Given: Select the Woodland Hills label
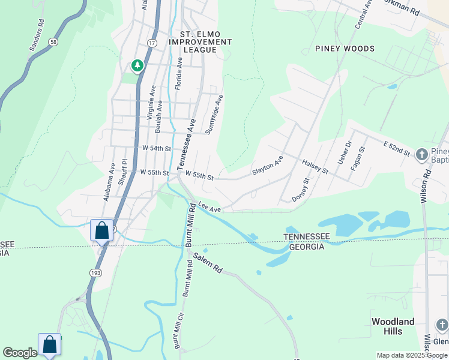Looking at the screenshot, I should (393, 326).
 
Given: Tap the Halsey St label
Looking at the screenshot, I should (315, 167).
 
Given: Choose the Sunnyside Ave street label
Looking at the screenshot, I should (214, 114).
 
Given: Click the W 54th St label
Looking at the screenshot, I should (157, 148).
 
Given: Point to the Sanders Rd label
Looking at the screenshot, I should (37, 37).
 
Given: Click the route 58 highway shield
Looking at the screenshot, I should (53, 41).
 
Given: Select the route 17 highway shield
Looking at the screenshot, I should (151, 43).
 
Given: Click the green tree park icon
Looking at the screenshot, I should (138, 65).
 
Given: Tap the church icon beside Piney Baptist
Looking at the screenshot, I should (421, 154).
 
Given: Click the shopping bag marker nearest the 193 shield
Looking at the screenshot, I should (101, 230).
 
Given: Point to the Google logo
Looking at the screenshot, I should (20, 353).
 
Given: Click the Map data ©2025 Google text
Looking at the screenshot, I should (411, 355).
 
